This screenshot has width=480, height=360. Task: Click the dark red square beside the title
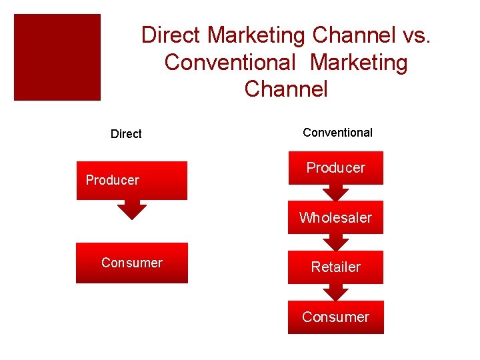[57, 57]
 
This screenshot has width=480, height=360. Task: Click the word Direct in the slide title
[171, 35]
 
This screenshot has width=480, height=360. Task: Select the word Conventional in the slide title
[229, 62]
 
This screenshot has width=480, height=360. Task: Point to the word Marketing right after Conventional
[359, 62]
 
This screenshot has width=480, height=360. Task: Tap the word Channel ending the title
[286, 89]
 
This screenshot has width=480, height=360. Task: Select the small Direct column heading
[126, 134]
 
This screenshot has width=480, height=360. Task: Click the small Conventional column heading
[337, 133]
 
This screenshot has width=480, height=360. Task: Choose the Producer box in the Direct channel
[132, 180]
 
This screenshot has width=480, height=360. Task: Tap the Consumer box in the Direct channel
[132, 263]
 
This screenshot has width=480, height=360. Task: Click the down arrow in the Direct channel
[132, 211]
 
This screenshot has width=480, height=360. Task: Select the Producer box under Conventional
[335, 168]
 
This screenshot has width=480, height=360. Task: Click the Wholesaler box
[335, 217]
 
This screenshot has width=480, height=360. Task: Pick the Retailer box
[335, 267]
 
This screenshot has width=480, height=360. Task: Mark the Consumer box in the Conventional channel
[335, 317]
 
